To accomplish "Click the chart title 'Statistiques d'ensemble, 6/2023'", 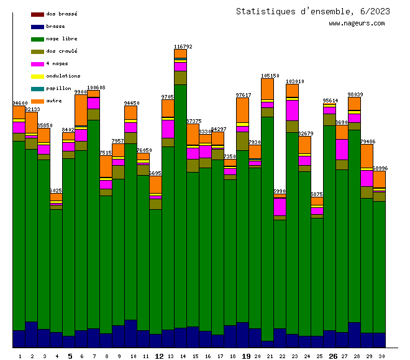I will tap(313, 11).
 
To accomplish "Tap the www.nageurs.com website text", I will tap(357, 24).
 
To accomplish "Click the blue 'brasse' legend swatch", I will tap(37, 27).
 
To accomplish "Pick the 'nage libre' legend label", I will tap(61, 38).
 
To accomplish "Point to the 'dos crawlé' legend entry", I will tap(61, 51).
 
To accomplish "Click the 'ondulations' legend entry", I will tap(63, 76).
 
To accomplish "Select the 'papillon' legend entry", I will tap(58, 88).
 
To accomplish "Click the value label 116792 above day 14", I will tap(183, 47).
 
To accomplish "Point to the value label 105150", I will tap(270, 76).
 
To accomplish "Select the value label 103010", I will tap(294, 81).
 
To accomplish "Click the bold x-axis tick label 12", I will tap(158, 356).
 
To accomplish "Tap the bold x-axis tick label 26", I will tap(332, 356).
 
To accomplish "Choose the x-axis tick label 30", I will tap(381, 356).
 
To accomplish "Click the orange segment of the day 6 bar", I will tap(81, 110).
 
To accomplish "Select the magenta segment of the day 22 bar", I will tap(280, 206).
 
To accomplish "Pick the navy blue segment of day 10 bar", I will tap(130, 333).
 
